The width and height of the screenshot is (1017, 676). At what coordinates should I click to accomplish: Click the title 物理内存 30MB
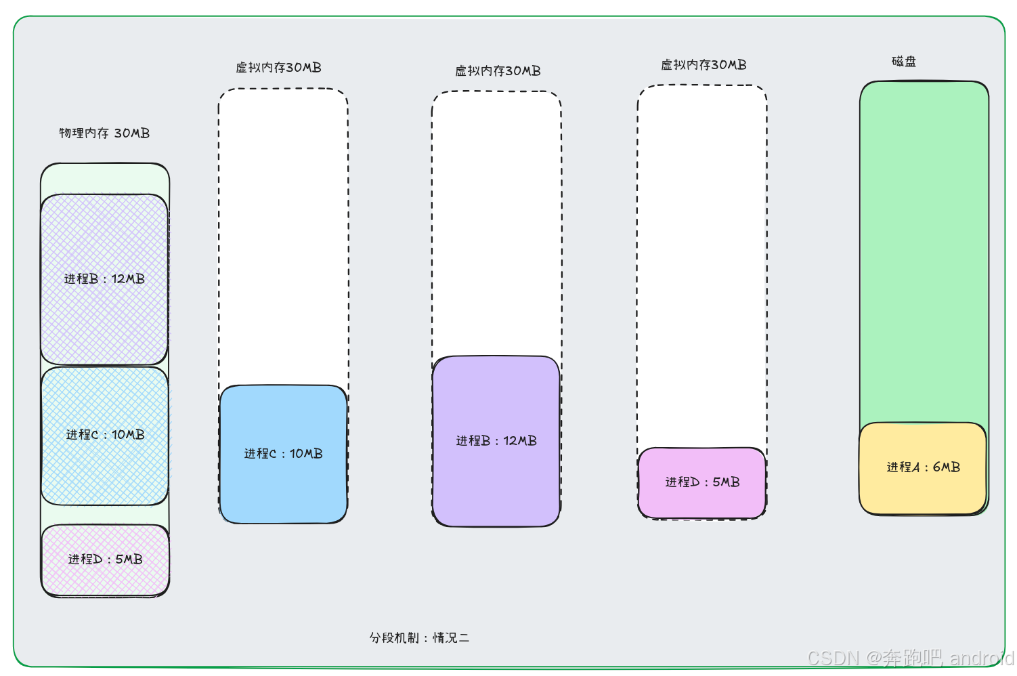pos(104,133)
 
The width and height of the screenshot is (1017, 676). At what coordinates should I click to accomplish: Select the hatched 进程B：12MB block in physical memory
pos(104,279)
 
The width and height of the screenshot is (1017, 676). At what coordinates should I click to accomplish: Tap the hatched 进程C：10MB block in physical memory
pos(105,435)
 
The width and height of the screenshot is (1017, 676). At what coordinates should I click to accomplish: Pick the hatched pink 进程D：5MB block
pos(105,559)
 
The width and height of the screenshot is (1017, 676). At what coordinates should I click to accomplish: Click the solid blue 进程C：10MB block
pos(283,454)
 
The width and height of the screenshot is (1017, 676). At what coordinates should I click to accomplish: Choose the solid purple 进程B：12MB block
pos(496,441)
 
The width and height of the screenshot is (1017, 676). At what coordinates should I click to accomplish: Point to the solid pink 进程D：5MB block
pos(702,482)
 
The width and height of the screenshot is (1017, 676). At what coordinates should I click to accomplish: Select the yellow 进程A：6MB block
pos(923,467)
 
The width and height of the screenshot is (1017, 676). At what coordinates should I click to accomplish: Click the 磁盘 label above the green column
pos(904,62)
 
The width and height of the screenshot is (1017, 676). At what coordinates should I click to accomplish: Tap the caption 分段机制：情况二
pos(419,638)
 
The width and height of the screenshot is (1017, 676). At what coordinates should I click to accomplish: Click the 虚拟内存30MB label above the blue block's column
pos(278,68)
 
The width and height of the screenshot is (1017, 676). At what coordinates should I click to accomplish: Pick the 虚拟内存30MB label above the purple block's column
pos(498,71)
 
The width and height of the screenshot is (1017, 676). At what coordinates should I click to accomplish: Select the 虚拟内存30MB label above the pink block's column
pos(704,65)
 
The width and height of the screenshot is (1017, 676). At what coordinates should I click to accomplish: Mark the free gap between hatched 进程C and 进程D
pos(105,515)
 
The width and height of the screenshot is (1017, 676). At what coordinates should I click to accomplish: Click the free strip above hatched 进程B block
pos(105,179)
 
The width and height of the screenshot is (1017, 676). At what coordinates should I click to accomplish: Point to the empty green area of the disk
pos(924,251)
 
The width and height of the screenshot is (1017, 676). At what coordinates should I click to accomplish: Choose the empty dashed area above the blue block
pos(283,237)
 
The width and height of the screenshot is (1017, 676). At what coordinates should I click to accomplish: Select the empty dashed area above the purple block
pos(496,224)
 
